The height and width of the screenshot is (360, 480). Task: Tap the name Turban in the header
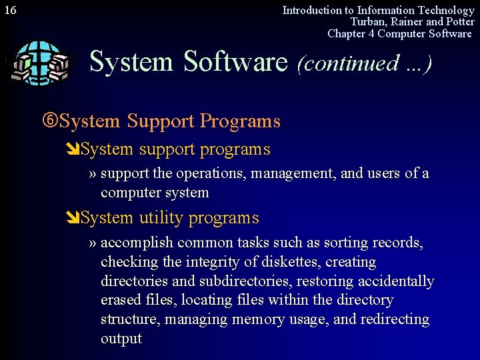(x=369, y=22)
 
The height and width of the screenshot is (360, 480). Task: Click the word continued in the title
(x=347, y=63)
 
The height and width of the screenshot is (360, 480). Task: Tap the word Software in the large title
(x=235, y=62)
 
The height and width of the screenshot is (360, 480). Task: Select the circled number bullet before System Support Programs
(x=51, y=121)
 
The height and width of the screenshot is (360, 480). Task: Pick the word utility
(x=162, y=218)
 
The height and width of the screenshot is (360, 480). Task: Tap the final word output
(x=121, y=339)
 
